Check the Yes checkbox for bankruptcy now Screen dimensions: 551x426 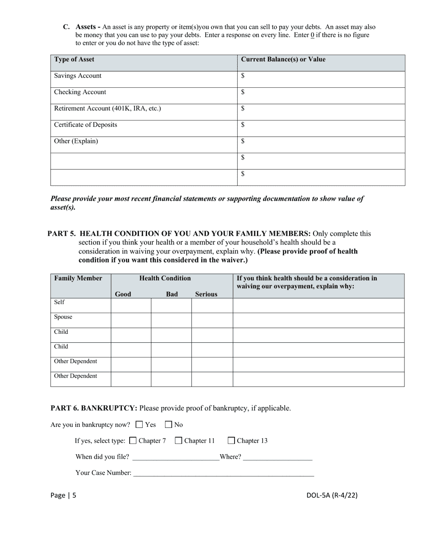[x=139, y=424]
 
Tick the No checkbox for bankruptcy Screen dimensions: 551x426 [x=169, y=424]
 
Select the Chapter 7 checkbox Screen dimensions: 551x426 [x=133, y=440]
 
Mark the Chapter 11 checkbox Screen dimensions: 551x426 [x=178, y=440]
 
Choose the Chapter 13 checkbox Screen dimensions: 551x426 [x=231, y=440]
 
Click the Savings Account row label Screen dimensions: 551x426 [x=78, y=76]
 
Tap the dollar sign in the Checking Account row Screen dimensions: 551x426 [x=243, y=92]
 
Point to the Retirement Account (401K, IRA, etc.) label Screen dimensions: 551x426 [x=108, y=108]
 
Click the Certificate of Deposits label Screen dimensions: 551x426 [x=86, y=125]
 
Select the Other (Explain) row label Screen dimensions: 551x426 [x=76, y=141]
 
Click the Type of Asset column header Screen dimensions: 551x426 [x=74, y=60]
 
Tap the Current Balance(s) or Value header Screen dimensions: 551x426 [x=283, y=60]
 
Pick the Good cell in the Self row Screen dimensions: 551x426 [x=131, y=306]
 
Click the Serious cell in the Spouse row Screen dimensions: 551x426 [x=212, y=320]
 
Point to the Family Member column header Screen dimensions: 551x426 [x=78, y=279]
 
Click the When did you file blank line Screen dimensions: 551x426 [x=176, y=457]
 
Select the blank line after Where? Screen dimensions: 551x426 [x=278, y=457]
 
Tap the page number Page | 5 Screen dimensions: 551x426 [x=63, y=495]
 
